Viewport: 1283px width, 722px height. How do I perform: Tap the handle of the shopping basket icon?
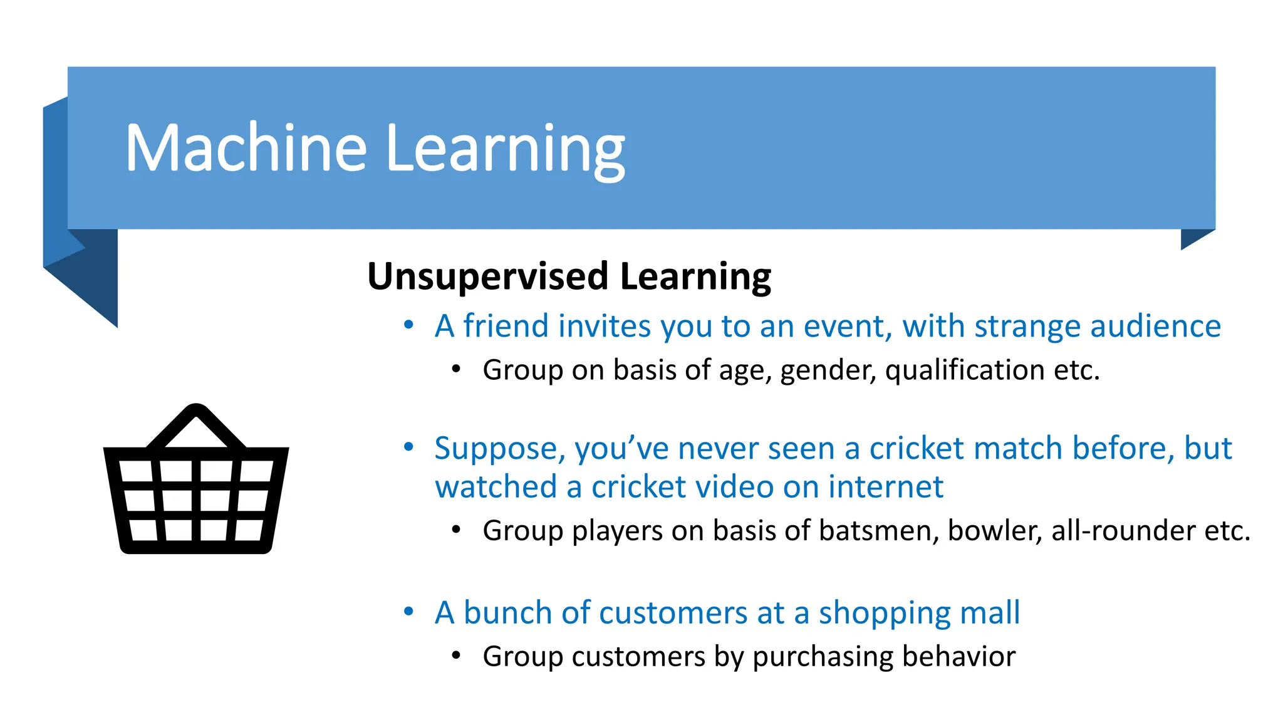pyautogui.click(x=196, y=423)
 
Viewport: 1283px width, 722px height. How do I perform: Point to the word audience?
pyautogui.click(x=1155, y=326)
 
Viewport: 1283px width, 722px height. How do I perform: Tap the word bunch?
pyautogui.click(x=508, y=613)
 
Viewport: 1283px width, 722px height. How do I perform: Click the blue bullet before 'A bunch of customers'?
pyautogui.click(x=408, y=612)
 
